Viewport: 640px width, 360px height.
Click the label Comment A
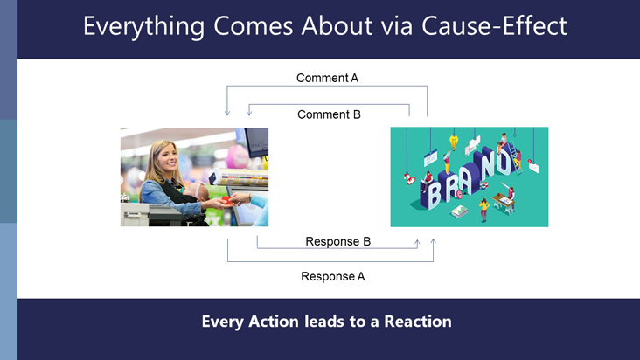coord(327,78)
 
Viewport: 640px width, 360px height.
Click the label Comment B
coord(329,114)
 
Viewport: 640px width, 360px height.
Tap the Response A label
coord(333,276)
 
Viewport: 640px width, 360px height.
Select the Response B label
coord(338,241)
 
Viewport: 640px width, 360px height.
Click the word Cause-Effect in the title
coord(494,25)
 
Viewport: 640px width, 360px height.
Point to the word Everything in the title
coord(143,27)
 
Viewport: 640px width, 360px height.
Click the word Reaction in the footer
coord(418,322)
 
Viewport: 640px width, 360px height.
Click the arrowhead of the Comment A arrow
coord(227,112)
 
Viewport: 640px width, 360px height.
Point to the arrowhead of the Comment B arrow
coord(249,112)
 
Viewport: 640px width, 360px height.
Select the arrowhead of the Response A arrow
coord(434,242)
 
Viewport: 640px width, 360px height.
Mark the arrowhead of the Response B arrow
coord(417,244)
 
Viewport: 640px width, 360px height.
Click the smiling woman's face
coord(168,156)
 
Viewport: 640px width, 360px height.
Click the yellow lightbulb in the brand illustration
coord(454,142)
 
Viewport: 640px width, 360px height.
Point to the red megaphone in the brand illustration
coord(409,178)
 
